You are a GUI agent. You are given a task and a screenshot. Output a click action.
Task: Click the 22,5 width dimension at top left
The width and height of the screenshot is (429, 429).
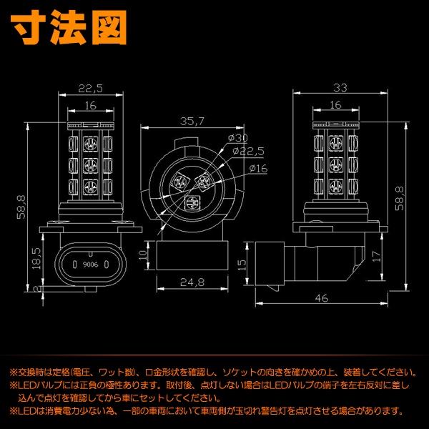pyautogui.click(x=91, y=88)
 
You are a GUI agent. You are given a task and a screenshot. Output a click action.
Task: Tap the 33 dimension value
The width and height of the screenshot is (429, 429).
pyautogui.click(x=340, y=88)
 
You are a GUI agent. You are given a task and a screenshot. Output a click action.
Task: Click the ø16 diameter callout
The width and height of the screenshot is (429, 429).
pyautogui.click(x=258, y=168)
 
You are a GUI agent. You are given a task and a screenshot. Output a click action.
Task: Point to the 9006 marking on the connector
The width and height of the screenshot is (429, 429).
pyautogui.click(x=89, y=264)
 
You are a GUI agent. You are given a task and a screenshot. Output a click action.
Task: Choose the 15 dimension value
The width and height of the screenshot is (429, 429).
pyautogui.click(x=242, y=264)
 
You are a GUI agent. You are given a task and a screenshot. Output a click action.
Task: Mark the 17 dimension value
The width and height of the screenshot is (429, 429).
pyautogui.click(x=375, y=255)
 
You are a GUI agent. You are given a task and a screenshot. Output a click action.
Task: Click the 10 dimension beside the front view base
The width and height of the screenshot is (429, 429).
pyautogui.click(x=142, y=254)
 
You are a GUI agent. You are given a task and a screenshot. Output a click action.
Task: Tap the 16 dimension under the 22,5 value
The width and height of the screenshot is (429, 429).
pyautogui.click(x=91, y=105)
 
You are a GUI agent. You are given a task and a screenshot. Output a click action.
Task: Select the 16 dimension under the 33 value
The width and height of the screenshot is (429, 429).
pyautogui.click(x=335, y=105)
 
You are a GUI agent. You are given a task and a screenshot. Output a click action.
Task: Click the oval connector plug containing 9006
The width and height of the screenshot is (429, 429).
pyautogui.click(x=89, y=264)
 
